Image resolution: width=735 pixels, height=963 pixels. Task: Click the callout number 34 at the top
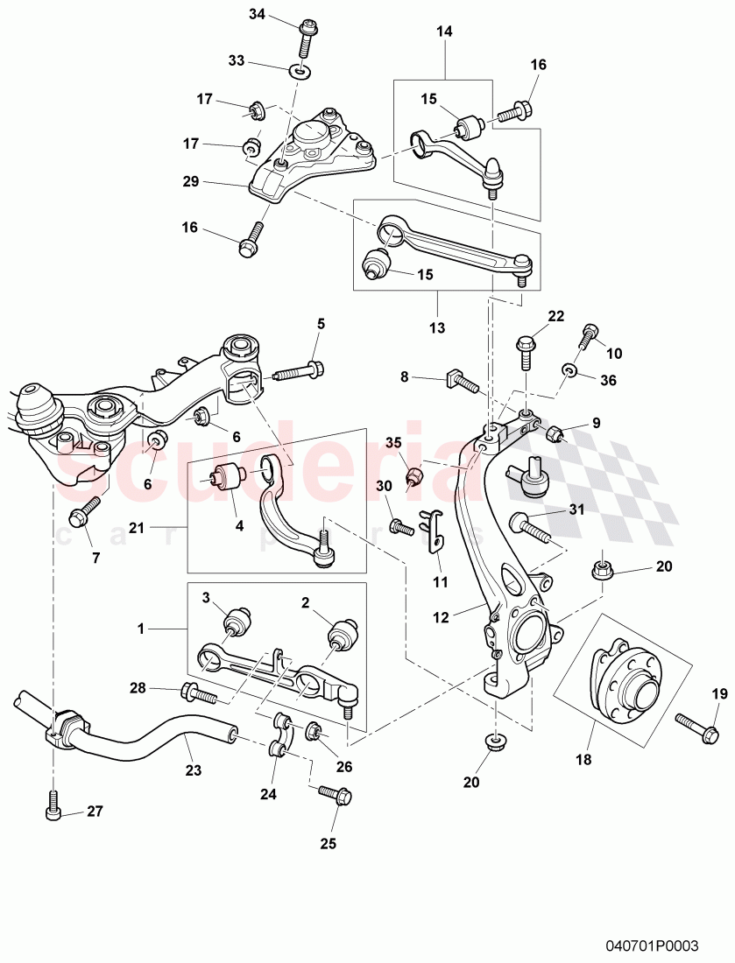point(256,14)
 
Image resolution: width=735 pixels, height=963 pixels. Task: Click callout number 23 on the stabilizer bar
point(193,770)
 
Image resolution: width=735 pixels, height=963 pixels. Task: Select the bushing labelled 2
point(341,634)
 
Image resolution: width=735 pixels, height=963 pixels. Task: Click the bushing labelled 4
point(233,475)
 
